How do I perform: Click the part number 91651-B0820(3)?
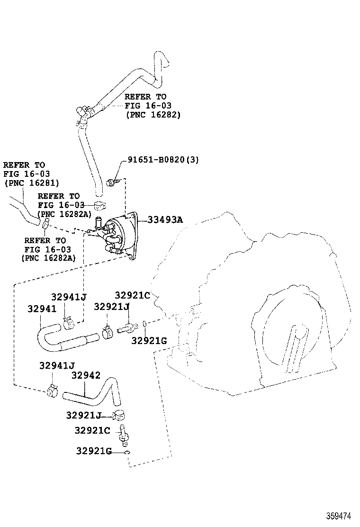pyautogui.click(x=163, y=160)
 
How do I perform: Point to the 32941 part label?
pyautogui.click(x=42, y=309)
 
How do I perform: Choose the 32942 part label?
pyautogui.click(x=86, y=375)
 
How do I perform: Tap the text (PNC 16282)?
pyautogui.click(x=153, y=115)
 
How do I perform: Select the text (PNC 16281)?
pyautogui.click(x=31, y=183)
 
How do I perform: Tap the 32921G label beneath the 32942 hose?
pyautogui.click(x=93, y=451)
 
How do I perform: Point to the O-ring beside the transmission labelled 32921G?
pyautogui.click(x=143, y=324)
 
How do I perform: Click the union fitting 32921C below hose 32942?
pyautogui.click(x=125, y=435)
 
